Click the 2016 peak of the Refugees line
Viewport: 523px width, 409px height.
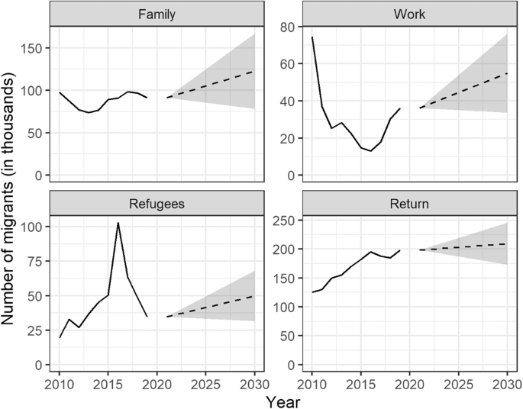coord(118,223)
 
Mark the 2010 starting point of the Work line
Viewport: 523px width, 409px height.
coord(312,37)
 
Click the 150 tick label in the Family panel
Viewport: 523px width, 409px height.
coord(34,48)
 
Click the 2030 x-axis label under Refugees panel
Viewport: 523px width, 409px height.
coord(253,381)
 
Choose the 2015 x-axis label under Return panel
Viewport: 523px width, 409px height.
coord(360,381)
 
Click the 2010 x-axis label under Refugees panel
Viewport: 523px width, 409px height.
coord(60,381)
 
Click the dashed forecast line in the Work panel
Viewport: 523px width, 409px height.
coord(462,91)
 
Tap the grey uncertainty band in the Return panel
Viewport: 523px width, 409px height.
coord(489,244)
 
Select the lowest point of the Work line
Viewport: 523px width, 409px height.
coord(371,151)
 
